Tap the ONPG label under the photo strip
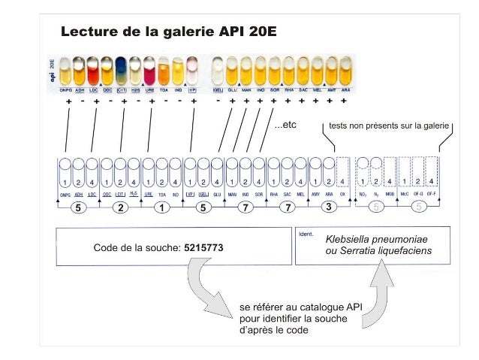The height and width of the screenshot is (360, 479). (x=66, y=90)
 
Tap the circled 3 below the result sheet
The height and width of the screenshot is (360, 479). (x=328, y=208)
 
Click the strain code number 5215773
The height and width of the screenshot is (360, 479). (x=203, y=247)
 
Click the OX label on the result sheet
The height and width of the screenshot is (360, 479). (x=342, y=195)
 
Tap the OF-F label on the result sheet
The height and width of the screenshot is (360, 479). (x=432, y=195)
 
